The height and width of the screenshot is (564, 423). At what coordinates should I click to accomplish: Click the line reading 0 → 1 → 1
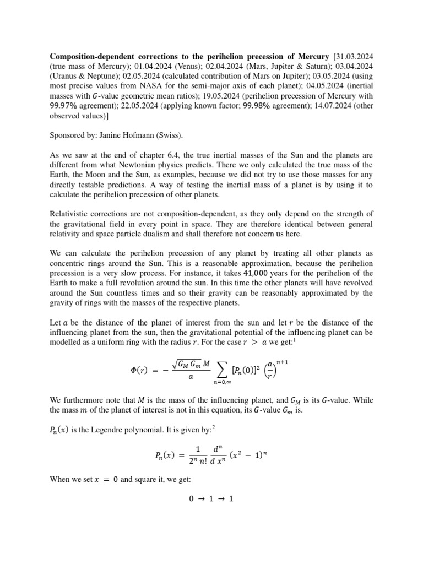211,499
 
